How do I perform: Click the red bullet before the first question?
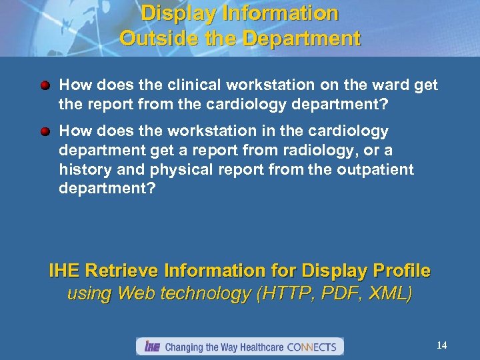coord(45,87)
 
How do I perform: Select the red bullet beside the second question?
coord(45,132)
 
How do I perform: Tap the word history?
coord(84,169)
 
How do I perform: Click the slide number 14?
coord(441,345)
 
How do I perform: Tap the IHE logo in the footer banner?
coord(151,347)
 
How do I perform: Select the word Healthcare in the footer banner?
coord(259,347)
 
